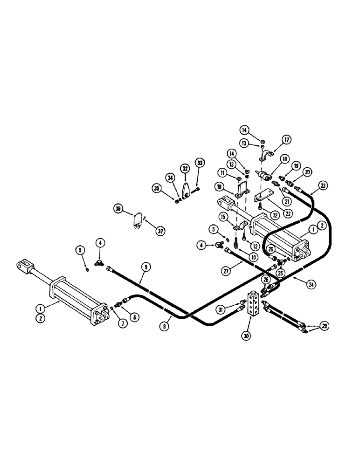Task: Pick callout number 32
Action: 186,169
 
